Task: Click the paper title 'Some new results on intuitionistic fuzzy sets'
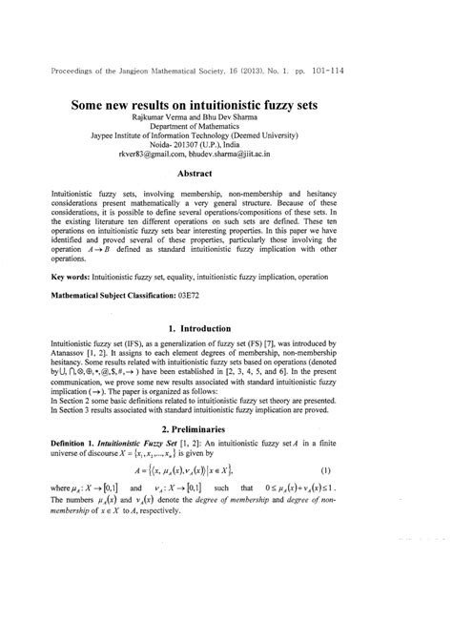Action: [226, 105]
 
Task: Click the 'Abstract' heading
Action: [226, 175]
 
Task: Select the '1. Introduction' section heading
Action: [226, 327]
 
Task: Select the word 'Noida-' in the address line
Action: [173, 151]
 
